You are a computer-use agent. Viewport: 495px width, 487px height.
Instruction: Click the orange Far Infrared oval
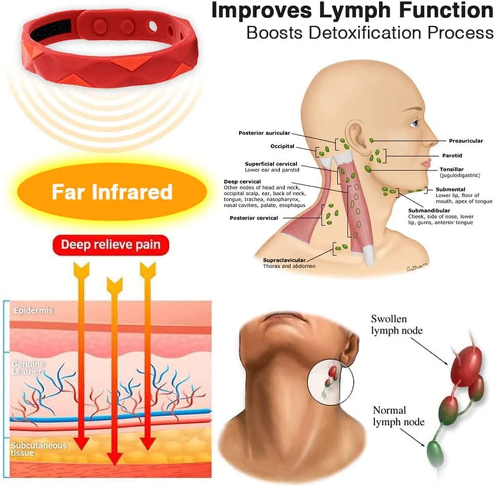tap(112, 192)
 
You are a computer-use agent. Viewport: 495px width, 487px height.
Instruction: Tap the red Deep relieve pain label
tap(111, 245)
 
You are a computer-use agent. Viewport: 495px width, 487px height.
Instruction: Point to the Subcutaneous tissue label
tap(39, 449)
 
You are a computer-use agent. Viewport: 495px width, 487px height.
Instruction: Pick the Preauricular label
tap(466, 141)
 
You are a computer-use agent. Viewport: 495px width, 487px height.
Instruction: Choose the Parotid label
tap(452, 156)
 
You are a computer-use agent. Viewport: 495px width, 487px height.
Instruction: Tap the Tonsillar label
tap(451, 169)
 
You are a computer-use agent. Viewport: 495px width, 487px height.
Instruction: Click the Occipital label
tap(282, 147)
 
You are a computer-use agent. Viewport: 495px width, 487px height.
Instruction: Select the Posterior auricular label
tap(264, 133)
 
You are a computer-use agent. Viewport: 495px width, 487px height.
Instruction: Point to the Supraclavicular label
tap(284, 260)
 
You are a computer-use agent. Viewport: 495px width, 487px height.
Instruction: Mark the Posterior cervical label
tap(254, 218)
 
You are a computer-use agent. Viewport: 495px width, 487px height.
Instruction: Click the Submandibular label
tap(429, 211)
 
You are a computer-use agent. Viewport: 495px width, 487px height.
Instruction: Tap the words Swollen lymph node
tap(396, 325)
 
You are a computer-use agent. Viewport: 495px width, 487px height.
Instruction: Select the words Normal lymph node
tap(398, 416)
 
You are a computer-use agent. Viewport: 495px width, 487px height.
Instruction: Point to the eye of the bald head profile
tap(415, 124)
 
